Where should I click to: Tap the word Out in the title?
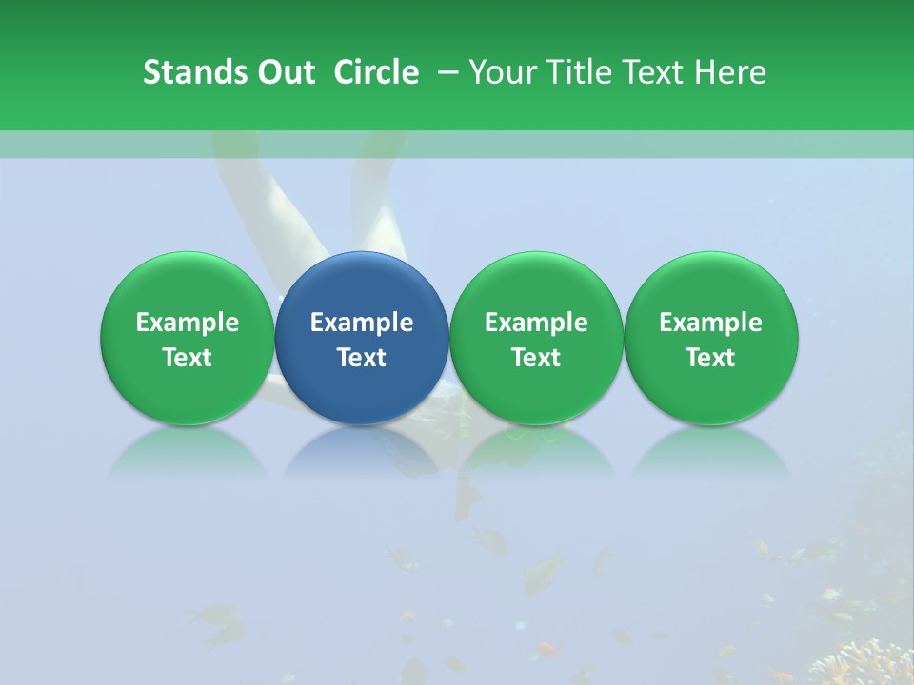(x=287, y=72)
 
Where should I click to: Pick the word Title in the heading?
(x=580, y=72)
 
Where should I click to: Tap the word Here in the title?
(x=734, y=72)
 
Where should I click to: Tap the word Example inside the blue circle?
(x=362, y=323)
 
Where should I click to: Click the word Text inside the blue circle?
(x=362, y=358)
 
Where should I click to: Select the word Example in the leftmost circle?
(x=187, y=323)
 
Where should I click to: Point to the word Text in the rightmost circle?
(x=711, y=358)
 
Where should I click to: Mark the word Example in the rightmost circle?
(x=711, y=323)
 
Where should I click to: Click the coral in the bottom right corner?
(x=866, y=661)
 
